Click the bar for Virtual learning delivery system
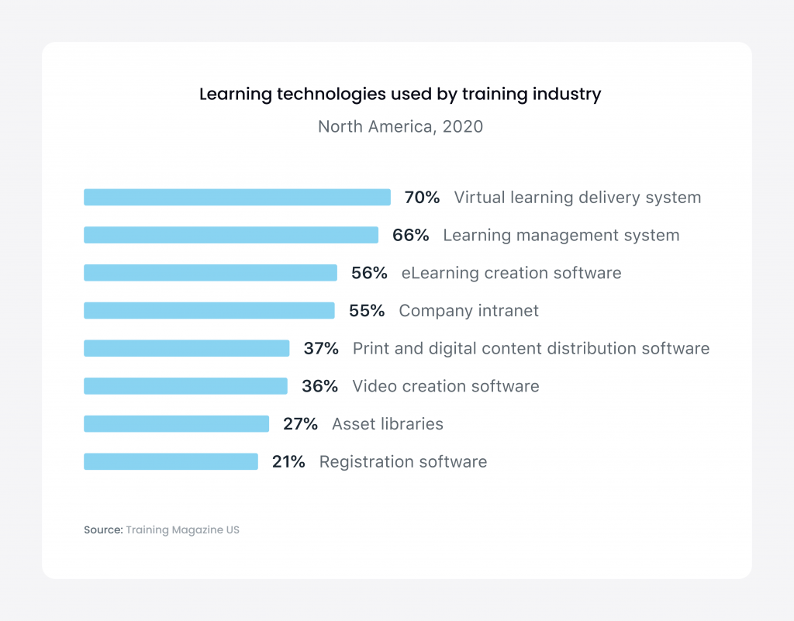[x=236, y=198]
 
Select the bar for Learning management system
[x=230, y=235]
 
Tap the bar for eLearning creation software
[x=210, y=273]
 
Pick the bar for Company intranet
[x=209, y=311]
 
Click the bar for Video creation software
[x=185, y=386]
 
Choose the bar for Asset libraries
[x=176, y=424]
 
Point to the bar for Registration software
[x=171, y=462]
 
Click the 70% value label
[x=422, y=198]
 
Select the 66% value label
[x=410, y=235]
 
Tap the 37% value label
[x=321, y=349]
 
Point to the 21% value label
[x=288, y=462]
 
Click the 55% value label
[x=367, y=311]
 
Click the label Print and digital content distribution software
[x=531, y=349]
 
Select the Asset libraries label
[x=388, y=424]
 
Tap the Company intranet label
[x=468, y=311]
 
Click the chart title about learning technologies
[x=400, y=95]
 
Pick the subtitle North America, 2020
[x=400, y=126]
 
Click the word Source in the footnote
[x=103, y=530]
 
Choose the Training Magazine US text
[x=183, y=530]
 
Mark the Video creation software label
[x=446, y=386]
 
